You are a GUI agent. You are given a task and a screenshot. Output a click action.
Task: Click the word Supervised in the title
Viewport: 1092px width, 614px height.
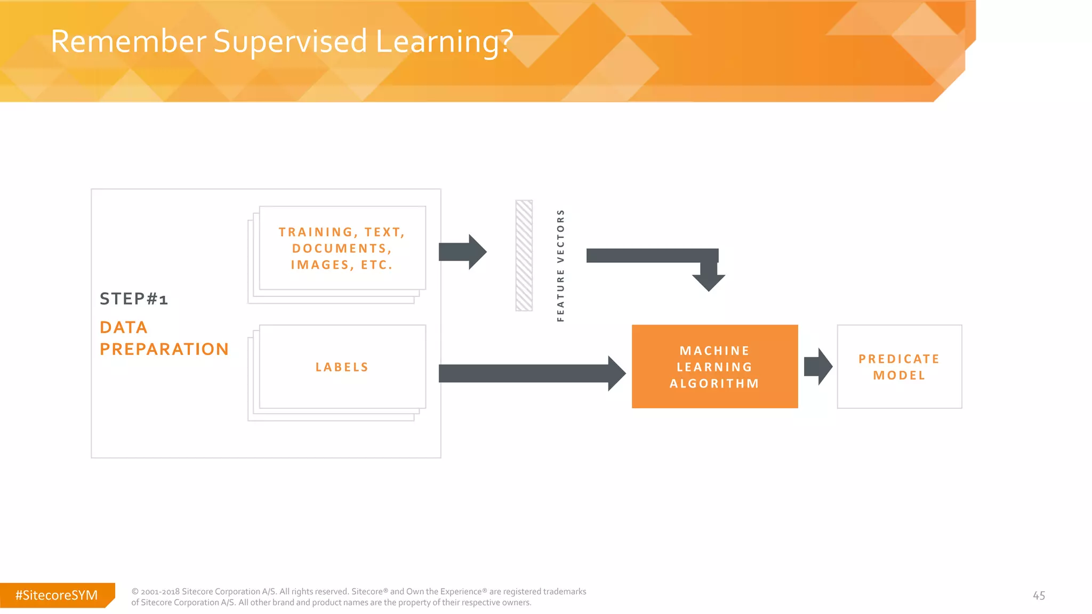[290, 42]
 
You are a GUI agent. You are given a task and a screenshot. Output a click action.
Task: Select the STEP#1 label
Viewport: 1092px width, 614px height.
[134, 299]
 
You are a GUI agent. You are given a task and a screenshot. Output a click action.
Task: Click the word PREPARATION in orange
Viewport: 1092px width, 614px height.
[164, 349]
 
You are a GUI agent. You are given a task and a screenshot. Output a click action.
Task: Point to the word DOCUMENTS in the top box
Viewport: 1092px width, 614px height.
[339, 248]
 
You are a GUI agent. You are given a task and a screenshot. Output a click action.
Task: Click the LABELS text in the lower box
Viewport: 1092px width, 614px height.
[342, 367]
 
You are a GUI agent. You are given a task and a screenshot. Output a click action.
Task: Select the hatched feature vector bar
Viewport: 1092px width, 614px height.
[524, 256]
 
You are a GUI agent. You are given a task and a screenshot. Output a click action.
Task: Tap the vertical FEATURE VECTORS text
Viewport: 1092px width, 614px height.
[560, 265]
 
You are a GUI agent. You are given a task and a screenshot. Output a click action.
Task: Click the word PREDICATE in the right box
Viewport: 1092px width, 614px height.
[899, 359]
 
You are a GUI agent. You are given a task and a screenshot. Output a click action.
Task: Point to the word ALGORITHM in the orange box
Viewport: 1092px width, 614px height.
[714, 384]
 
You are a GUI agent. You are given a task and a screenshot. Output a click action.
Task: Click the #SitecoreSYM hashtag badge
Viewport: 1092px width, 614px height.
[57, 595]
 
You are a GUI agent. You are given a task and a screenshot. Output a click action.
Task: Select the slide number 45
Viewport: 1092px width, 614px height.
[1039, 596]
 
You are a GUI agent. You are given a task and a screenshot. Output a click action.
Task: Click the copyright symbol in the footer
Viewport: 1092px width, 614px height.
[135, 592]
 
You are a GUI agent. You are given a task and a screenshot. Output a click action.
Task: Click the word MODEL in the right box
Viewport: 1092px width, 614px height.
[899, 376]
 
